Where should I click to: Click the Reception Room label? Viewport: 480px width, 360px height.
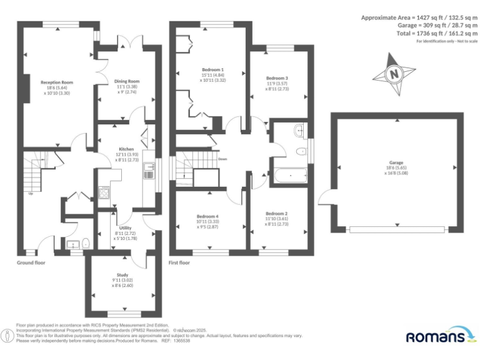point(57,82)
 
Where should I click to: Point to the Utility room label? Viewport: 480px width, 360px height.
point(125,228)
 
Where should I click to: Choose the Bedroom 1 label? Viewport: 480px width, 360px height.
point(212,69)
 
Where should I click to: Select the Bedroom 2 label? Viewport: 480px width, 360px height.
point(277,214)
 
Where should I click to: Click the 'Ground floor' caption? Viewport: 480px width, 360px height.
point(31,262)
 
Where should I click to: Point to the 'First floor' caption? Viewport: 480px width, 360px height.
point(179,262)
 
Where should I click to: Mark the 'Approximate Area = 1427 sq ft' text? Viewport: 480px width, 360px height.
point(419,17)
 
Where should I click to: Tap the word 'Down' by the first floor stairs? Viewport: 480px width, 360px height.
point(222,159)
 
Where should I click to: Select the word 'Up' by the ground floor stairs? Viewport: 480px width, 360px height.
point(31,193)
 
